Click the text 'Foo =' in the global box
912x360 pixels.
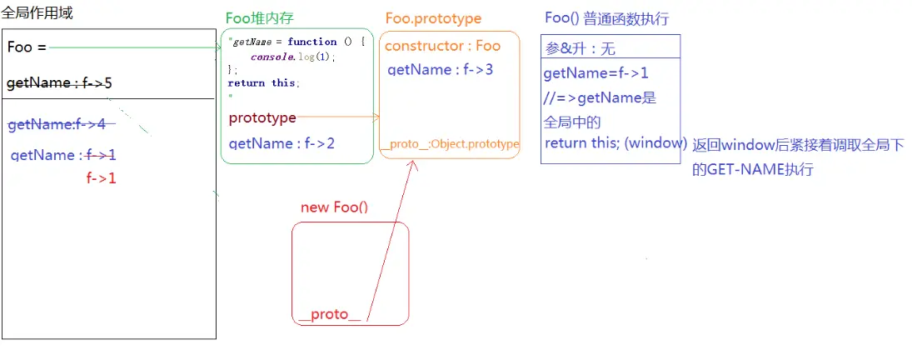click(27, 47)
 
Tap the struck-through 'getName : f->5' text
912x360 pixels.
click(59, 83)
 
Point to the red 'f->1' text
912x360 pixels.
click(101, 177)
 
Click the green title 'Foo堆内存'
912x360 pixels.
click(260, 19)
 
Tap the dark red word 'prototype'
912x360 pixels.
click(262, 118)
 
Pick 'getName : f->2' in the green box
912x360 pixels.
click(282, 143)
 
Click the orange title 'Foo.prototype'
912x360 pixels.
click(433, 18)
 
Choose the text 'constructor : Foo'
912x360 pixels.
click(442, 47)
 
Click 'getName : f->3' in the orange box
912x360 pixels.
click(441, 69)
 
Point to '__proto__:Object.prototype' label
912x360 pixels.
click(449, 144)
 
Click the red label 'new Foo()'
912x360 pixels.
click(334, 207)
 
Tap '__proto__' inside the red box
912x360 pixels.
click(331, 315)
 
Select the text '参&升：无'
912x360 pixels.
click(580, 49)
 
